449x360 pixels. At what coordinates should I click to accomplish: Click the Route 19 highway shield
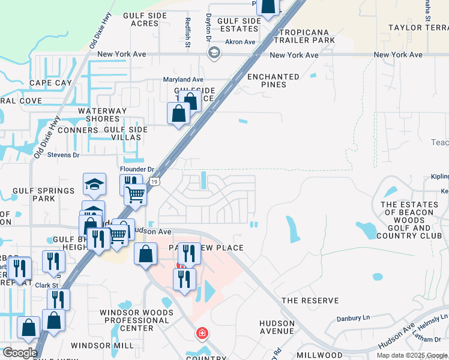155,181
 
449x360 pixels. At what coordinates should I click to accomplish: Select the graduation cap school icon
95,184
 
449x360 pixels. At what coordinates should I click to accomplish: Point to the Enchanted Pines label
273,81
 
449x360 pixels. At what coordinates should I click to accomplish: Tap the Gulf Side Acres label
140,20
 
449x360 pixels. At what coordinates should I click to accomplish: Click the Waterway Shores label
102,115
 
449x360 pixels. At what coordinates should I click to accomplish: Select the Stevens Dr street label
64,155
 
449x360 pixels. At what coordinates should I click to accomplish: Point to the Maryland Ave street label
184,79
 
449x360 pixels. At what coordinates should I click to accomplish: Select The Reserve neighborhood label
310,301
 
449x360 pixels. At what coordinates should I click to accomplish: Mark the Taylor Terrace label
418,28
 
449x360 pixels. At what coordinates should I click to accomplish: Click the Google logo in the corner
20,353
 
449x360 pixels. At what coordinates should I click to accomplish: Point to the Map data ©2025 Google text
411,355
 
